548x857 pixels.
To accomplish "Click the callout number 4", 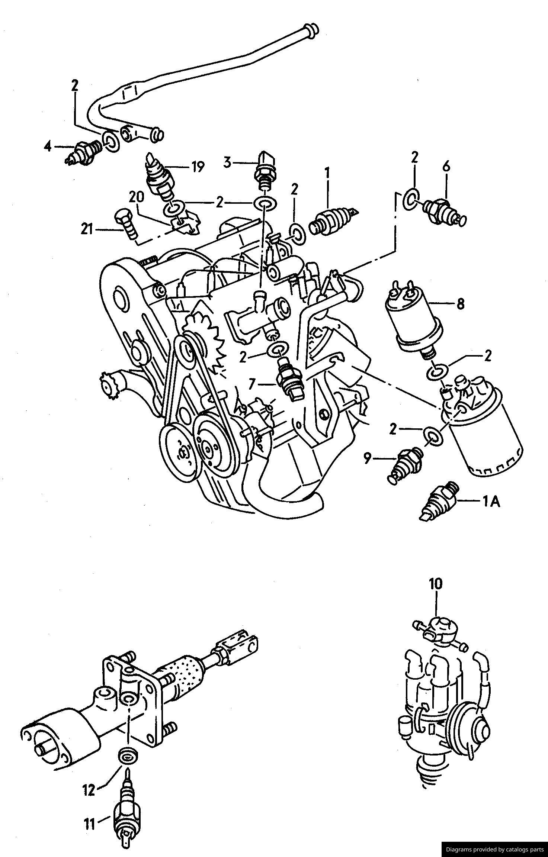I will [48, 147].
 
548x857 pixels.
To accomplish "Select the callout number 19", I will [198, 167].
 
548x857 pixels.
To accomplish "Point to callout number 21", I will [87, 230].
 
